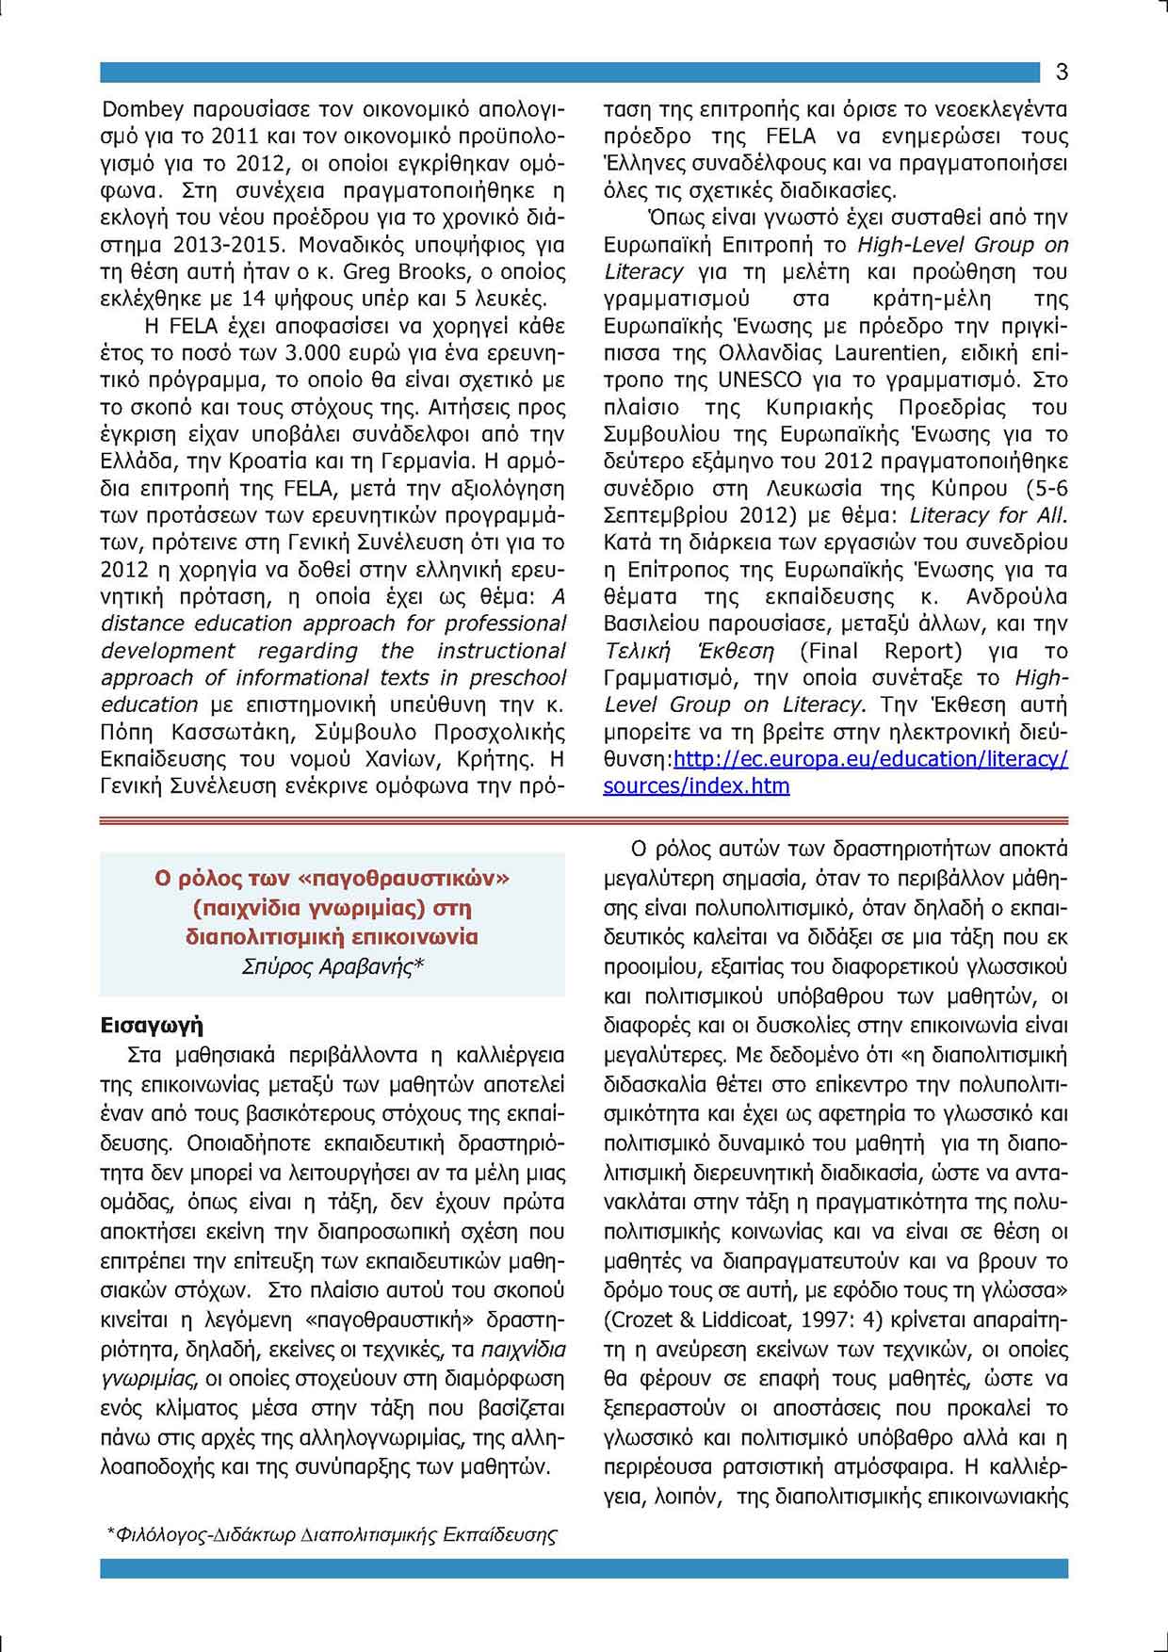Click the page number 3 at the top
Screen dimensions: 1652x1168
click(1062, 73)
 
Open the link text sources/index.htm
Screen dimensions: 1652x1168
click(696, 786)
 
